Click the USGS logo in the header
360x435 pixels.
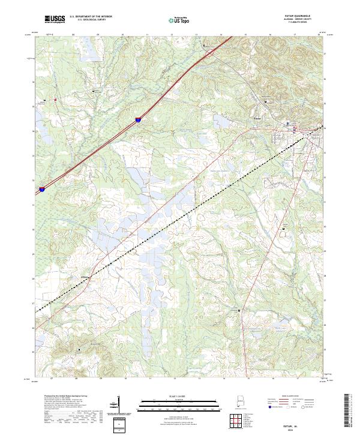pyautogui.click(x=55, y=20)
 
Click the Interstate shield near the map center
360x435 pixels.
pyautogui.click(x=139, y=120)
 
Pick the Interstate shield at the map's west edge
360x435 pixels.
pyautogui.click(x=42, y=189)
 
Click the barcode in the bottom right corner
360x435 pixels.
pyautogui.click(x=351, y=414)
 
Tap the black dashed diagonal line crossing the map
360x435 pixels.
pyautogui.click(x=180, y=221)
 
